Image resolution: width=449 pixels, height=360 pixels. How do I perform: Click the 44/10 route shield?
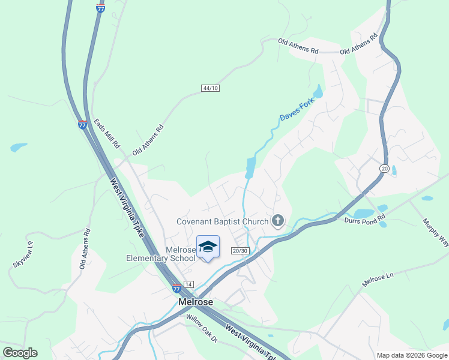pyautogui.click(x=211, y=88)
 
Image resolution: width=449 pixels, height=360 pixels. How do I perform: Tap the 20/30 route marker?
pyautogui.click(x=240, y=250)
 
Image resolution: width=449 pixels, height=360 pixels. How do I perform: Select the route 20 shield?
pyautogui.click(x=384, y=169)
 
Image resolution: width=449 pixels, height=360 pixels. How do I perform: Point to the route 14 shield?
pyautogui.click(x=188, y=283)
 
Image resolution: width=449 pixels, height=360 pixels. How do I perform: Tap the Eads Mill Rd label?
pyautogui.click(x=107, y=134)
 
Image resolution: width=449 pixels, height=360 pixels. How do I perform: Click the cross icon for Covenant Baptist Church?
pyautogui.click(x=277, y=221)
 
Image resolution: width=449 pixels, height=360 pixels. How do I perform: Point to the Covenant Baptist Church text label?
pyautogui.click(x=222, y=221)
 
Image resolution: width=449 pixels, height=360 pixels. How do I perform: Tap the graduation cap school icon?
pyautogui.click(x=208, y=247)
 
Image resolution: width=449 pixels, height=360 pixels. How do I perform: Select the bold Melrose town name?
pyautogui.click(x=196, y=302)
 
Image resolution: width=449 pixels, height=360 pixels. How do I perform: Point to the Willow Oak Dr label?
pyautogui.click(x=201, y=329)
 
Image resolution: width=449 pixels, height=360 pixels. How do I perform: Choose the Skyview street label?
pyautogui.click(x=23, y=255)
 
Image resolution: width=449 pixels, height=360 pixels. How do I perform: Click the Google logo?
pyautogui.click(x=20, y=353)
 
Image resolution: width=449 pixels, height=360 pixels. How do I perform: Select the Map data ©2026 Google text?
pyautogui.click(x=411, y=355)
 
